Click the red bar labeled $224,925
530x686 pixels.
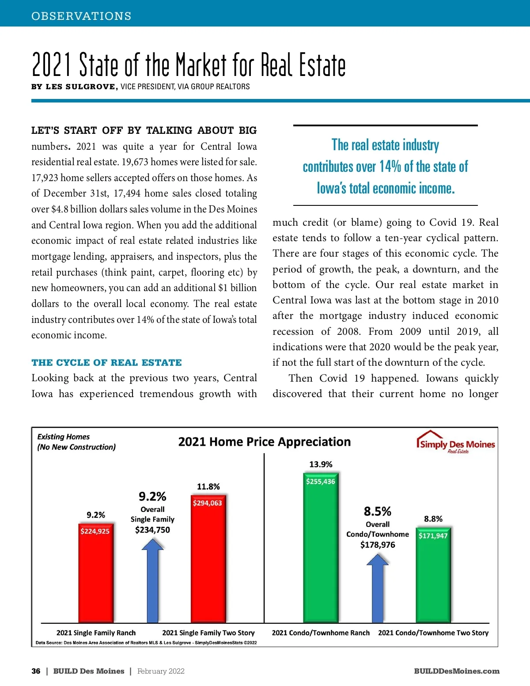tap(95, 574)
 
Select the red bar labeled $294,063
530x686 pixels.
tap(208, 561)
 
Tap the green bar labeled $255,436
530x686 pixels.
tap(320, 548)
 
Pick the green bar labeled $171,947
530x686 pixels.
tap(433, 574)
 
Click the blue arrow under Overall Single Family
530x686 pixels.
tap(152, 583)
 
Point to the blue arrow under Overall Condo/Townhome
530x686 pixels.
tap(378, 590)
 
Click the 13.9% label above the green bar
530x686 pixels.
tap(321, 464)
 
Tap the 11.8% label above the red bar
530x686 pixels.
tap(208, 487)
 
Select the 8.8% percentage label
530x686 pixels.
tap(433, 519)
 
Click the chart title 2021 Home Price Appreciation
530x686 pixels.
tap(264, 442)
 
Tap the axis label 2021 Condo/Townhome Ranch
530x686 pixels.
tap(321, 633)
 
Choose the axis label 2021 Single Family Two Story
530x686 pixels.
tap(208, 633)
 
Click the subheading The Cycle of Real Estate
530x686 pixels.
tap(106, 363)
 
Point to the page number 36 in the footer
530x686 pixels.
tap(36, 671)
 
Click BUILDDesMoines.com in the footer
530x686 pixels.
tap(457, 671)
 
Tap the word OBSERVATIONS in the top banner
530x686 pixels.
tap(81, 16)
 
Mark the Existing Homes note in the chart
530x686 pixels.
tap(76, 442)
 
